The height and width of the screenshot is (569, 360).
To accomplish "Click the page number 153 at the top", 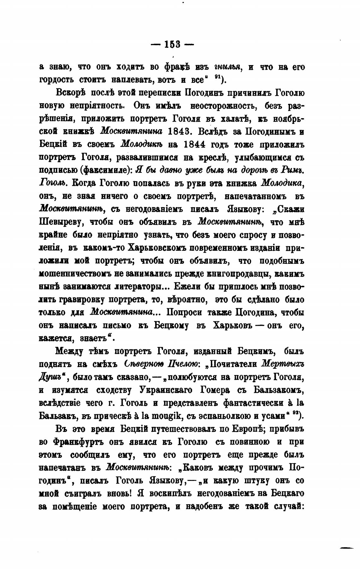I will pyautogui.click(x=172, y=45).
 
